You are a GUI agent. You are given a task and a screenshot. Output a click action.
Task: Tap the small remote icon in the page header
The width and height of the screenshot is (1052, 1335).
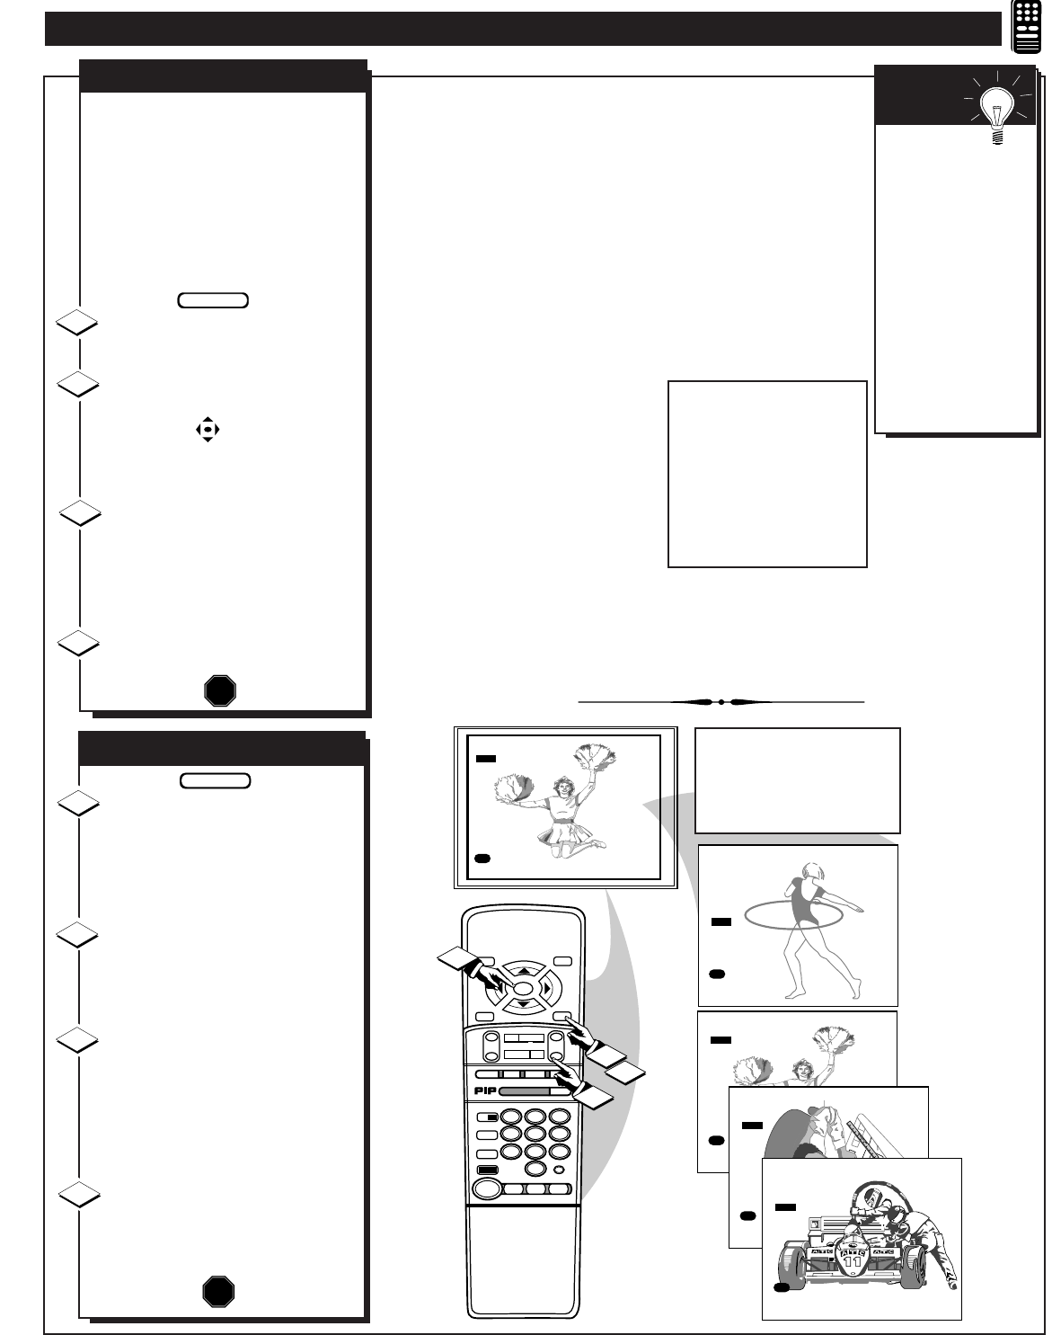1027,27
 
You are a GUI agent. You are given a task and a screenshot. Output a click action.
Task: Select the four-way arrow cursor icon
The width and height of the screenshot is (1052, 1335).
208,430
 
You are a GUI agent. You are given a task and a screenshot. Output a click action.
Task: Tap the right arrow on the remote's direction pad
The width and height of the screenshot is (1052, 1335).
547,988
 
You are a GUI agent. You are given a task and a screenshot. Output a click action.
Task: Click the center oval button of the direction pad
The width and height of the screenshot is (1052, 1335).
523,989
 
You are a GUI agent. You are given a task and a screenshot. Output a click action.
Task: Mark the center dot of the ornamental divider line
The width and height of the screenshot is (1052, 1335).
721,702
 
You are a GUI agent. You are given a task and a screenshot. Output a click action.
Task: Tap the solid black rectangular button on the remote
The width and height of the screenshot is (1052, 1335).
488,1170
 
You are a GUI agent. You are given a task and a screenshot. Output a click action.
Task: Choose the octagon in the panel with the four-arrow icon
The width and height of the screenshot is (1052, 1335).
220,690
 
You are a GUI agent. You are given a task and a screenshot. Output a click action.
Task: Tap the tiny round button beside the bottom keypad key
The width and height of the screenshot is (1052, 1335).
559,1170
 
